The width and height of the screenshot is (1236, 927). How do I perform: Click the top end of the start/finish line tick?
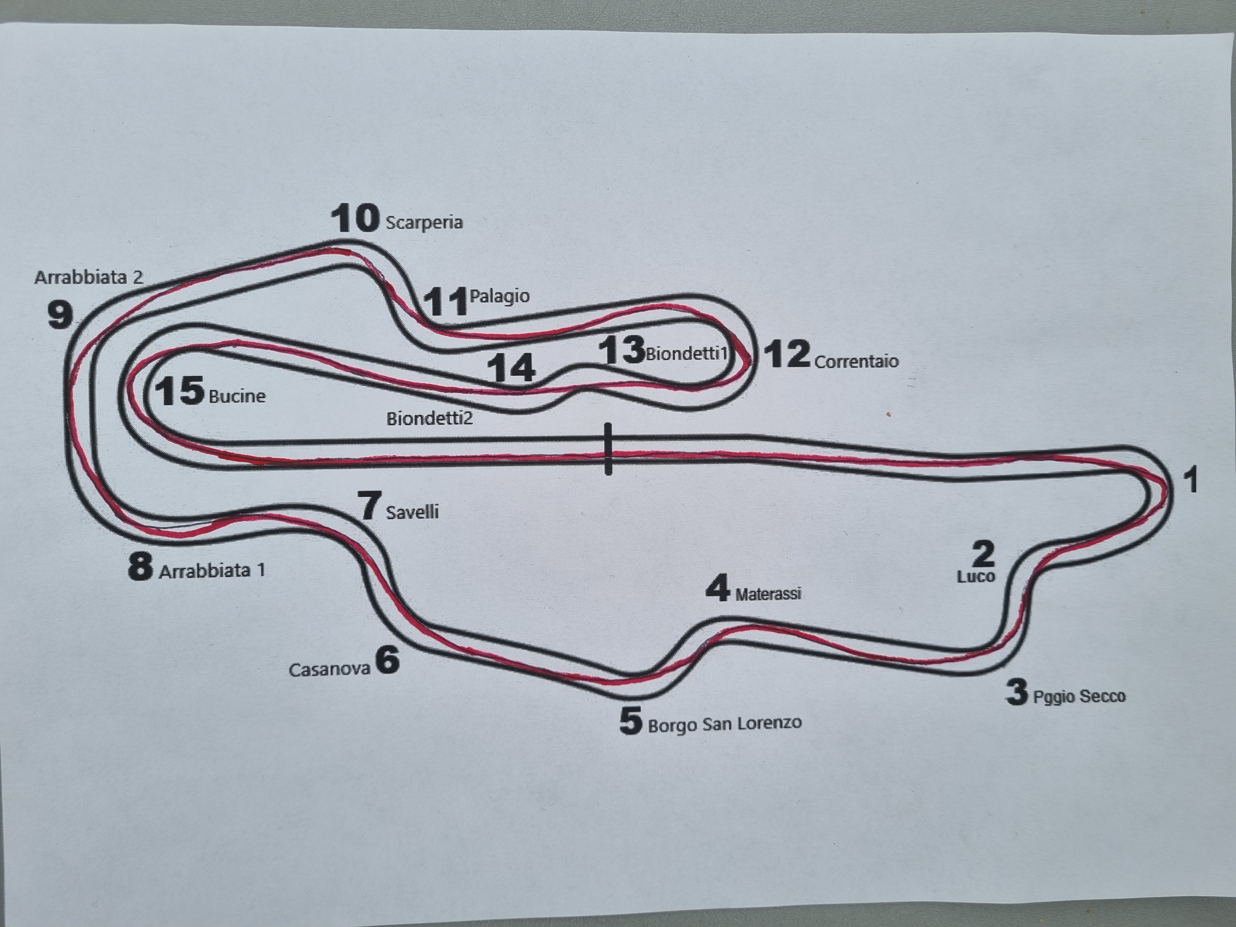pyautogui.click(x=608, y=424)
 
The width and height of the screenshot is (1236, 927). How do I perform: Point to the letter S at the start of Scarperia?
pyautogui.click(x=391, y=222)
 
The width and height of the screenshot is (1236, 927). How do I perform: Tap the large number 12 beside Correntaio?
pyautogui.click(x=787, y=354)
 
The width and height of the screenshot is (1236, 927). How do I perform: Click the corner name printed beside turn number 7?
pyautogui.click(x=412, y=512)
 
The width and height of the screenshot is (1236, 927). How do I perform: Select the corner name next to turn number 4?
pyautogui.click(x=768, y=593)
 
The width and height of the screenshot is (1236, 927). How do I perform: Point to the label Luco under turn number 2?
pyautogui.click(x=976, y=576)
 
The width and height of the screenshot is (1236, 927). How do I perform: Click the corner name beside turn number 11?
pyautogui.click(x=500, y=296)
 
